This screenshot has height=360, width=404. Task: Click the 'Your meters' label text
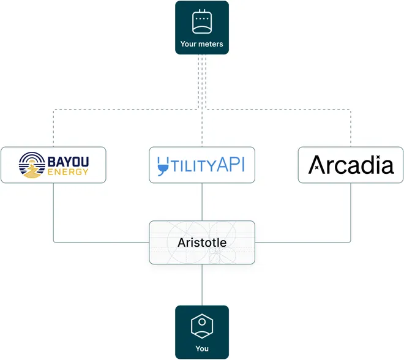pos(202,44)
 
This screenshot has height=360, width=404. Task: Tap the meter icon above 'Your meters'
pos(202,22)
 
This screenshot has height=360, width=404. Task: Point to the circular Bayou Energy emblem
pos(31,165)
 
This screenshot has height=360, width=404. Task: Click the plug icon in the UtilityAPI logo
pos(163,165)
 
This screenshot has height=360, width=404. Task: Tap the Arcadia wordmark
pos(351,165)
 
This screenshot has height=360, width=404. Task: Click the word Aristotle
pos(202,242)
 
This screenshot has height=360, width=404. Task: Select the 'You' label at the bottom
pos(202,348)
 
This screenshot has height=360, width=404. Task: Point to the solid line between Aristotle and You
pos(202,285)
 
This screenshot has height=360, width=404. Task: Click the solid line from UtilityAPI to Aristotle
pos(202,201)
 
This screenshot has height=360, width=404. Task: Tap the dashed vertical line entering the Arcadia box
pos(351,129)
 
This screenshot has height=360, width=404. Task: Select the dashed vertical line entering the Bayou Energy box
pos(53,129)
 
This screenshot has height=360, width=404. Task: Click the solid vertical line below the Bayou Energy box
pos(53,211)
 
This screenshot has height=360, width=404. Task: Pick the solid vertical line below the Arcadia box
pos(351,211)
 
